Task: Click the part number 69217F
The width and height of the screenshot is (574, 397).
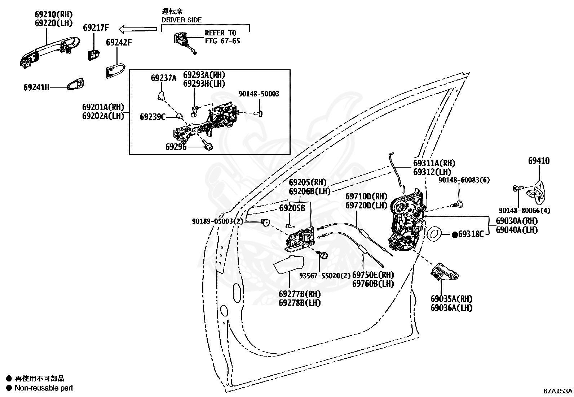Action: pos(96,28)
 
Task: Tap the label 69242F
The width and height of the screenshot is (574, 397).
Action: pos(119,42)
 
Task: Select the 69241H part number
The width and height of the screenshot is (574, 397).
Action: pos(36,87)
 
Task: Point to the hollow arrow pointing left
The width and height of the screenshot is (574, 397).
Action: pos(138,29)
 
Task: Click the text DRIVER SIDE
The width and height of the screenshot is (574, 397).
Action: pos(181,20)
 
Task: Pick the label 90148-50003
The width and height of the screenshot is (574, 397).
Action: pos(259,94)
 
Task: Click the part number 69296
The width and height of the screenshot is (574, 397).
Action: pos(176,147)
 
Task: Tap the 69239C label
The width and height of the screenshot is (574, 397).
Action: pos(153,117)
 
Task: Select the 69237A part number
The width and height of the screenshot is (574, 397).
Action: pos(163,78)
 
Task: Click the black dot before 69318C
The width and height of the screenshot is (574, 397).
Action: pos(455,234)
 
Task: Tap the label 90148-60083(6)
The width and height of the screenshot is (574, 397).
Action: pos(464,180)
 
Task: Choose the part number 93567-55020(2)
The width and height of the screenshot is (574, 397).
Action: pos(324,276)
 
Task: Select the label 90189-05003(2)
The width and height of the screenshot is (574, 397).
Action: pos(217,221)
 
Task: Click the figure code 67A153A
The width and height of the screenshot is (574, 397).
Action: pos(558,391)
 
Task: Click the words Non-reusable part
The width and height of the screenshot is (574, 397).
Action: pos(44,388)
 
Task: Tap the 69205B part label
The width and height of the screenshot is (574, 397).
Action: pos(292,208)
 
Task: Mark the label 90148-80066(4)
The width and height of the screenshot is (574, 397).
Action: pos(525,211)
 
